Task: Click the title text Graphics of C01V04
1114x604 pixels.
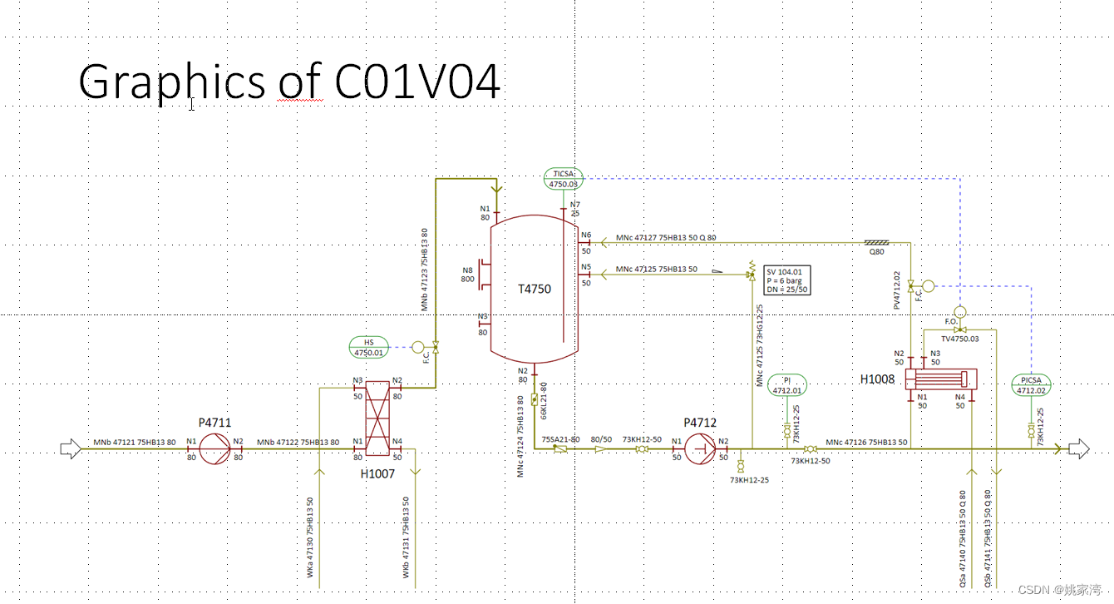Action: pyautogui.click(x=289, y=82)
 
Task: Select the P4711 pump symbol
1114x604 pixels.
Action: pyautogui.click(x=214, y=449)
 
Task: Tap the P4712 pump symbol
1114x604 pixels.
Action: pyautogui.click(x=700, y=449)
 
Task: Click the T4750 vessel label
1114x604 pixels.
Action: pyautogui.click(x=535, y=289)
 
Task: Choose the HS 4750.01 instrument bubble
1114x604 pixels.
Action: pyautogui.click(x=370, y=348)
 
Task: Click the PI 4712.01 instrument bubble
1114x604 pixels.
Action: pyautogui.click(x=786, y=384)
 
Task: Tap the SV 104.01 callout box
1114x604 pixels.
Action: pyautogui.click(x=786, y=280)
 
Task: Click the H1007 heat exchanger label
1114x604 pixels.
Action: pyautogui.click(x=377, y=473)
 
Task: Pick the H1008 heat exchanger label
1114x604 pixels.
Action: pyautogui.click(x=877, y=379)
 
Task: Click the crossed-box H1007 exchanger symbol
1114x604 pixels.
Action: pyautogui.click(x=377, y=418)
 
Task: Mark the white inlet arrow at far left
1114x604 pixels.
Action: pyautogui.click(x=71, y=449)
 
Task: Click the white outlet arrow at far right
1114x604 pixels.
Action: pyautogui.click(x=1078, y=449)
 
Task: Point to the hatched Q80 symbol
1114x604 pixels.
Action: pyautogui.click(x=877, y=243)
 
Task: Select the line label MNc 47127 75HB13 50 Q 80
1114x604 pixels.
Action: pyautogui.click(x=666, y=238)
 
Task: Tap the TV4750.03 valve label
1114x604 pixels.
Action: pyautogui.click(x=960, y=339)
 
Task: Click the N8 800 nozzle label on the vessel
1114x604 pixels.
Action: pyautogui.click(x=468, y=274)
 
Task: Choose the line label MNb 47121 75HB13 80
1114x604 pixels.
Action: pyautogui.click(x=134, y=442)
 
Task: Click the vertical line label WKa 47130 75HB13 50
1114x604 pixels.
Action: pyautogui.click(x=310, y=537)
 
